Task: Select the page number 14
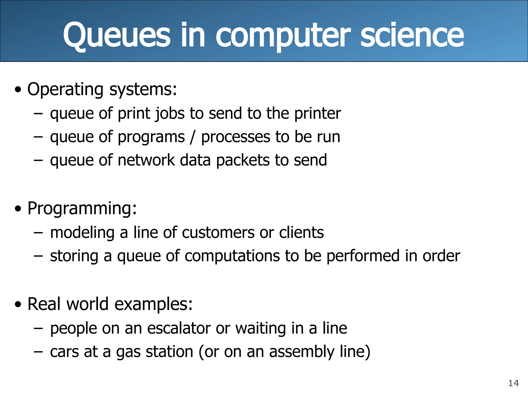click(x=513, y=383)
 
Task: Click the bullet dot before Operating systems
click(x=18, y=90)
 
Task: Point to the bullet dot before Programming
click(x=18, y=209)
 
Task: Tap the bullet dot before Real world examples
click(x=18, y=305)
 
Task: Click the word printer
click(x=317, y=113)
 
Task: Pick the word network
click(x=146, y=160)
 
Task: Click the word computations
click(x=232, y=256)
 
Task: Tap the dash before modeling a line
click(x=38, y=233)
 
